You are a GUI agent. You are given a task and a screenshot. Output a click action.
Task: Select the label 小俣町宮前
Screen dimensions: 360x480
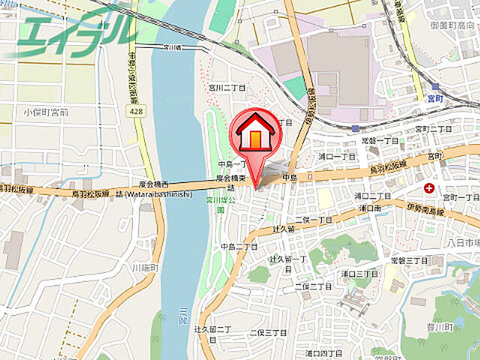click(x=46, y=112)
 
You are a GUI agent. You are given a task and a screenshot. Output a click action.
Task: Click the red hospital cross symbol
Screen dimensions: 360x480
click(x=429, y=187)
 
